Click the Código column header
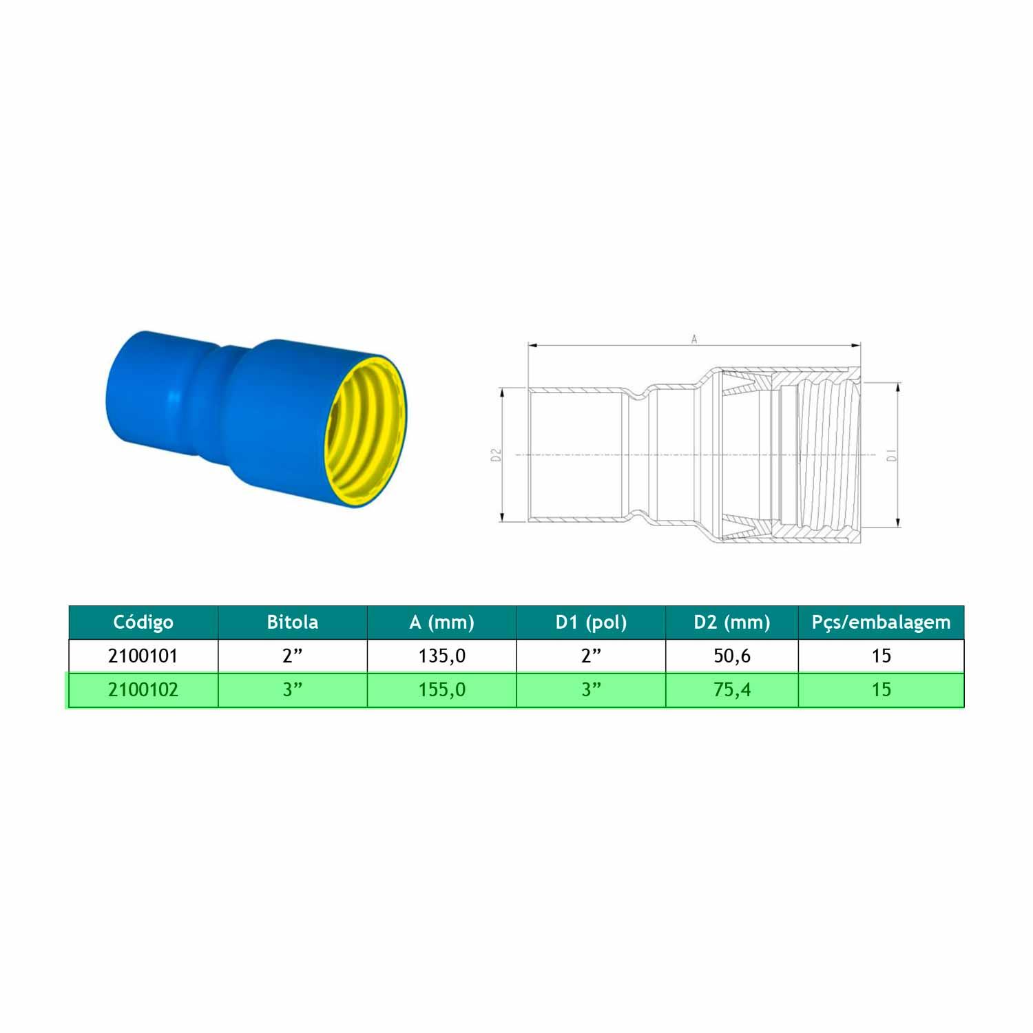point(143,623)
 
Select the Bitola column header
point(293,623)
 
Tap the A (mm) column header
point(441,623)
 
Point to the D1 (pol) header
point(591,623)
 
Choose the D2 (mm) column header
point(732,623)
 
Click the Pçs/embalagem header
point(881,623)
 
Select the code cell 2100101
point(143,656)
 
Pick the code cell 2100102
point(143,689)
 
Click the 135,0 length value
point(442,656)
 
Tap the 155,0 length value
point(442,690)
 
